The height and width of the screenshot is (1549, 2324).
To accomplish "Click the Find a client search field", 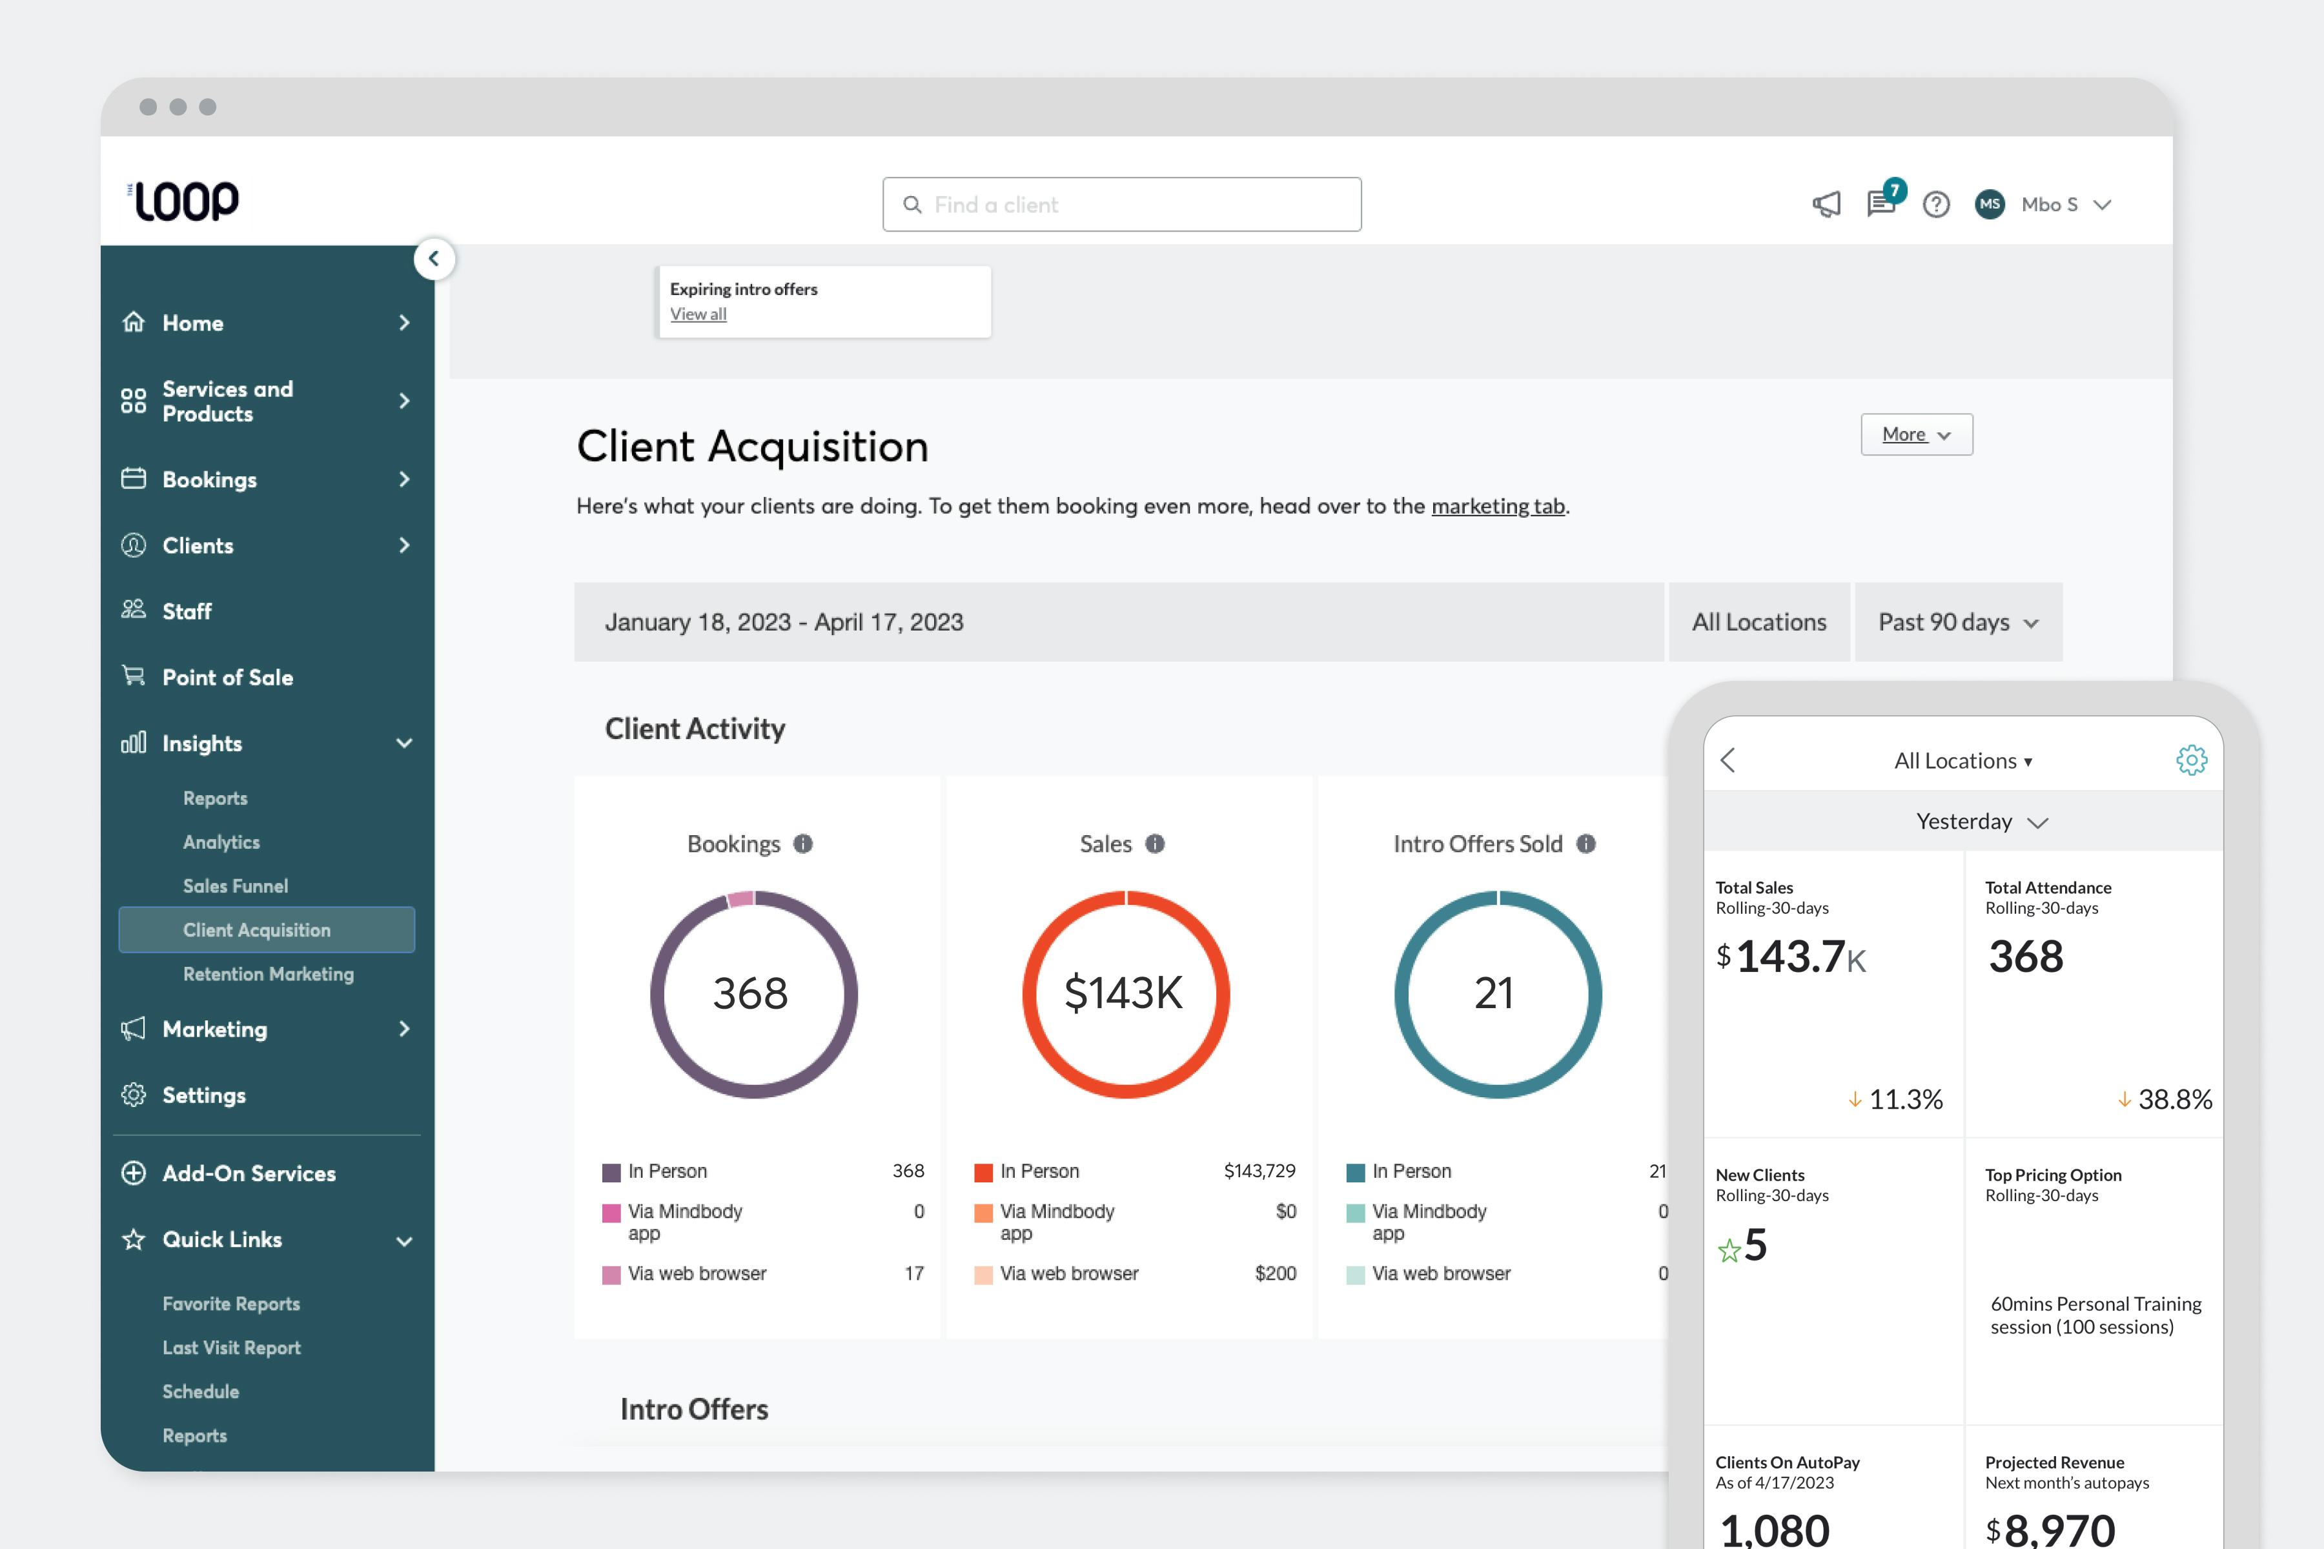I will (x=1121, y=205).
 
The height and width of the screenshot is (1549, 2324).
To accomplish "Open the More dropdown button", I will (x=1916, y=434).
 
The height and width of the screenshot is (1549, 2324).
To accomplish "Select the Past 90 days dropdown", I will (x=1957, y=622).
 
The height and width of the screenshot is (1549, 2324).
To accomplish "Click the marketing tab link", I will (x=1497, y=507).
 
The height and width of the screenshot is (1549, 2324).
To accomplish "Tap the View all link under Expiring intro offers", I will (x=698, y=314).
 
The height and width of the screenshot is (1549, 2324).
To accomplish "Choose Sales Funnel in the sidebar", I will (x=235, y=886).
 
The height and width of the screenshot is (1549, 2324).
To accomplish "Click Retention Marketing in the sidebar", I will (x=268, y=974).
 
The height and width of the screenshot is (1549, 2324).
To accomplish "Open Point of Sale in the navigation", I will (x=227, y=678).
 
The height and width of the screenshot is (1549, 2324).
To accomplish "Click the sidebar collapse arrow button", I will (x=434, y=259).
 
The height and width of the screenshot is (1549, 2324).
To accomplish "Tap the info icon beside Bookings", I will (x=803, y=844).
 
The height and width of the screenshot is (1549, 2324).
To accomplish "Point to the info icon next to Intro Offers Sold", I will (x=1586, y=844).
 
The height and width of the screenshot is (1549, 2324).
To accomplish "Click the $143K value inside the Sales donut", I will (x=1123, y=993).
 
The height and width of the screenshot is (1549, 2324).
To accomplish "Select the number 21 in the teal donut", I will (x=1494, y=993).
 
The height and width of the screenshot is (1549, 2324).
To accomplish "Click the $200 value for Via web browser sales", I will (x=1274, y=1273).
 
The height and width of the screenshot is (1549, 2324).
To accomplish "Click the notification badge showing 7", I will (x=1894, y=190).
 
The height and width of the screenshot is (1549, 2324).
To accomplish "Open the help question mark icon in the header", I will (x=1935, y=205).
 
